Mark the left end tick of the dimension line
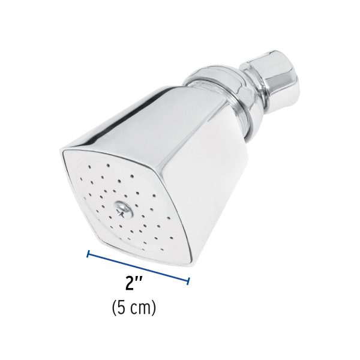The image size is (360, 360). (88, 254)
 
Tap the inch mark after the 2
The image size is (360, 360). (140, 281)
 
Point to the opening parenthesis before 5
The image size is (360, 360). (114, 309)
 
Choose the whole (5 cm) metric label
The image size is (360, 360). (134, 309)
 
